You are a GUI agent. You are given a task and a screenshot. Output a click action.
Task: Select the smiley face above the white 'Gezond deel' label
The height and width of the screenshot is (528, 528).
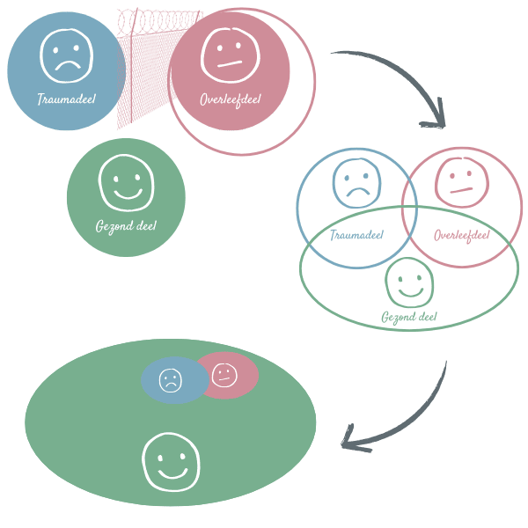pos(126,183)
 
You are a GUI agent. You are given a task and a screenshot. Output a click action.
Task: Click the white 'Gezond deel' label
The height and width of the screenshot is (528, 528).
pos(126,227)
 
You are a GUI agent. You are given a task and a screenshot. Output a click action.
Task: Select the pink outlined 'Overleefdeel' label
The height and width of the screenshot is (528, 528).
pos(461,235)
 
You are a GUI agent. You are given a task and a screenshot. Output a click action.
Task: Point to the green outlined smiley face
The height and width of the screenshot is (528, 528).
pos(409,281)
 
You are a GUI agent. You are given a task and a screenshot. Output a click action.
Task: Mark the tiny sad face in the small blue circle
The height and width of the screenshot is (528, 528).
pos(170,380)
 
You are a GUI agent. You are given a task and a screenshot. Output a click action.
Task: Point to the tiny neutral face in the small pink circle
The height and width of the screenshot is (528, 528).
pos(224,375)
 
